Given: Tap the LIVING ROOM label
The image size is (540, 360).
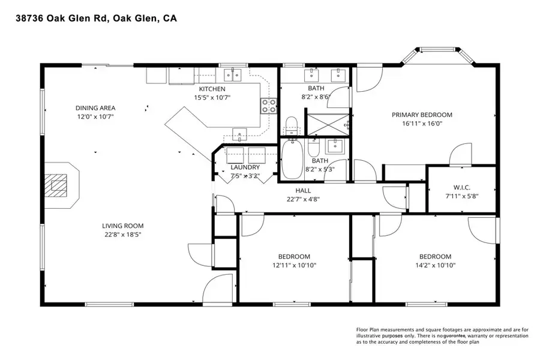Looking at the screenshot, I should (122, 226).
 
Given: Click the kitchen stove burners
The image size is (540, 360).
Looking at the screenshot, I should (268, 106).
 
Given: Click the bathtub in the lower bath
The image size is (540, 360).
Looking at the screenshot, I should (292, 159).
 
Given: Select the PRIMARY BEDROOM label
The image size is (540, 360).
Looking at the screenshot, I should (422, 115).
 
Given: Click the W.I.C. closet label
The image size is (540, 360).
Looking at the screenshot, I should (461, 187).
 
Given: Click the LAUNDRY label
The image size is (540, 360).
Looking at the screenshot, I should (245, 167).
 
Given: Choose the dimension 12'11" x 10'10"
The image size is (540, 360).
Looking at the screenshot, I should (293, 265).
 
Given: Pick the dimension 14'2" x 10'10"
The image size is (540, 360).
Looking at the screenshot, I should (435, 265).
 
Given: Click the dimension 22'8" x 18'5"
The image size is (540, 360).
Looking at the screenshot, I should (122, 235).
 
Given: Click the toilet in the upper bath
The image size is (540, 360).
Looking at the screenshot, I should (292, 125).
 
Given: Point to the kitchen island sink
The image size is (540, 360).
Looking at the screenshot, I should (240, 134).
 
